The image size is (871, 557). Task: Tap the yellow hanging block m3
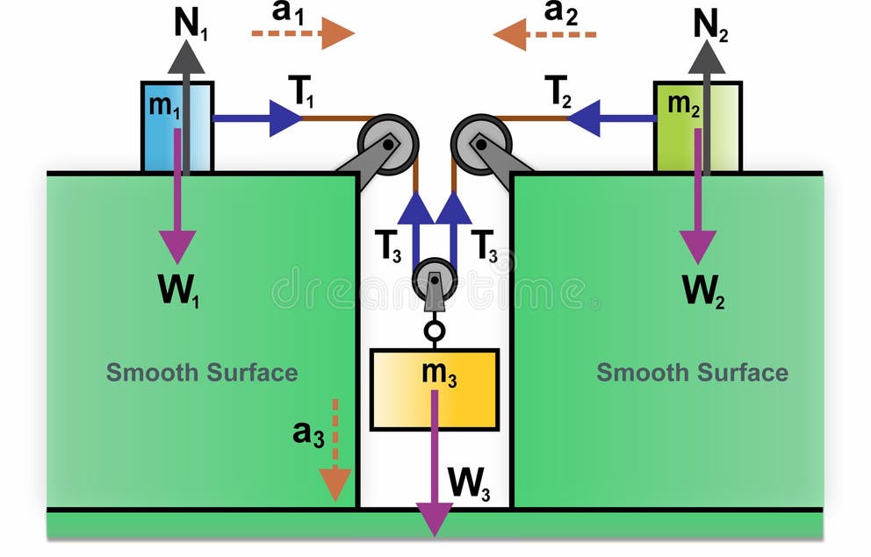435,389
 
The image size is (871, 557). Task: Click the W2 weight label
704,290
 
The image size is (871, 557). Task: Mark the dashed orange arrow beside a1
303,33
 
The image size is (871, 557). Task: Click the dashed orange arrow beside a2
544,35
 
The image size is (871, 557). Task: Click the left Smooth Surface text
202,373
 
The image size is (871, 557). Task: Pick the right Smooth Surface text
692,373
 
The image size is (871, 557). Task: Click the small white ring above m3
435,332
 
